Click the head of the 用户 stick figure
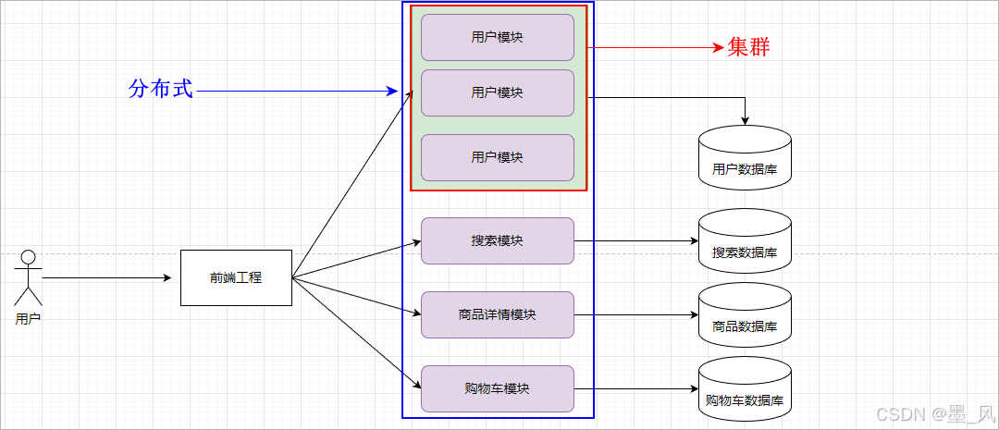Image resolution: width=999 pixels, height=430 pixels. coord(28,257)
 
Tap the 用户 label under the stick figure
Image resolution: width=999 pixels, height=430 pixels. coord(28,318)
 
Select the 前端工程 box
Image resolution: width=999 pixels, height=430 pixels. coord(236,277)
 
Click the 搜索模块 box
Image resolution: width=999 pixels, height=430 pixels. coord(498,240)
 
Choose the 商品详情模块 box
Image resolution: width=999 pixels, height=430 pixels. coord(498,314)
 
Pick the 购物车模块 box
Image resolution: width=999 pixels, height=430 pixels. coord(498,388)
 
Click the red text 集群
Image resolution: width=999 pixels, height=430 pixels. coord(748,47)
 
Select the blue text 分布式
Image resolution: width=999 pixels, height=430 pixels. coord(161,90)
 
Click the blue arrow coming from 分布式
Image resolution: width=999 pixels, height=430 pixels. coord(296,92)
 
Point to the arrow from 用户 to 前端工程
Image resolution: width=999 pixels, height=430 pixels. coord(106,277)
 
